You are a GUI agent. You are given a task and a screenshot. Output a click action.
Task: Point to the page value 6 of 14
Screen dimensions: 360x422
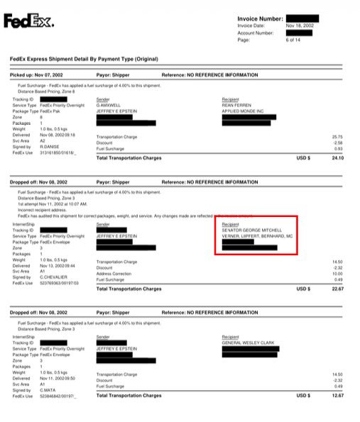tap(293, 40)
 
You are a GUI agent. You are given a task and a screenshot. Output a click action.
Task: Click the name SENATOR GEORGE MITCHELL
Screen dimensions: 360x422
tap(252, 231)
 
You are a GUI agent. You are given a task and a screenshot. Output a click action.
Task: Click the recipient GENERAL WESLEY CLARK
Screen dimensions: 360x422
tap(253, 343)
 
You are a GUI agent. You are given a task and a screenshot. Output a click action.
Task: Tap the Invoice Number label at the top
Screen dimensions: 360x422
tap(260, 18)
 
